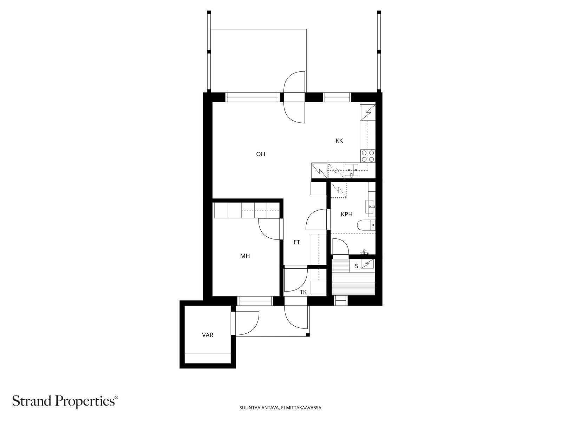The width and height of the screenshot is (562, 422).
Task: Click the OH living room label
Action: (x=260, y=154)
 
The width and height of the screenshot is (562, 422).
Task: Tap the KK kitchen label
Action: (x=339, y=141)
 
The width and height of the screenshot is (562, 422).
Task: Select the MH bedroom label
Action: (x=245, y=256)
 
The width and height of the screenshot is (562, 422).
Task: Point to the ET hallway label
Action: (x=297, y=242)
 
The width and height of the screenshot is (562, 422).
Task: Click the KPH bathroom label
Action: (x=346, y=214)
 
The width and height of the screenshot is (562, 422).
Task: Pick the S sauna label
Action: (x=356, y=266)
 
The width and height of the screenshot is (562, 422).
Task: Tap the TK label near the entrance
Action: (x=303, y=292)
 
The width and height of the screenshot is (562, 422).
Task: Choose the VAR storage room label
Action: (x=208, y=335)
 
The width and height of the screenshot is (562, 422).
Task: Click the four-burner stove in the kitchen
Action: (x=367, y=156)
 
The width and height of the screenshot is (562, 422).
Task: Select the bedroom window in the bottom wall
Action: (x=255, y=301)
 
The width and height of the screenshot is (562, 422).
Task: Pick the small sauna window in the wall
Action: (x=340, y=301)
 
